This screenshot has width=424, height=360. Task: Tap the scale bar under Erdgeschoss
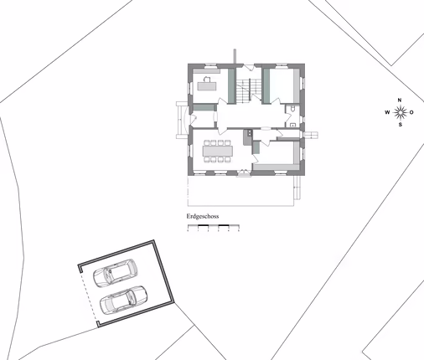pyautogui.click(x=213, y=227)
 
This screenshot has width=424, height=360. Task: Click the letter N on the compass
pyautogui.click(x=400, y=100)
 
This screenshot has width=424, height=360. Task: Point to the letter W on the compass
pyautogui.click(x=387, y=112)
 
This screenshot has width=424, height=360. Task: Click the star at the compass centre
pyautogui.click(x=400, y=112)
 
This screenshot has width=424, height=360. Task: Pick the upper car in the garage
pyautogui.click(x=115, y=273)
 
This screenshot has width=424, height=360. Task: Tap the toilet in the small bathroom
pyautogui.click(x=291, y=110)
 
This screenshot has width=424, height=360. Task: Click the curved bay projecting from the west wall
pyautogui.click(x=180, y=118)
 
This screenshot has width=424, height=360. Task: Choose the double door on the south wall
pyautogui.click(x=244, y=173)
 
